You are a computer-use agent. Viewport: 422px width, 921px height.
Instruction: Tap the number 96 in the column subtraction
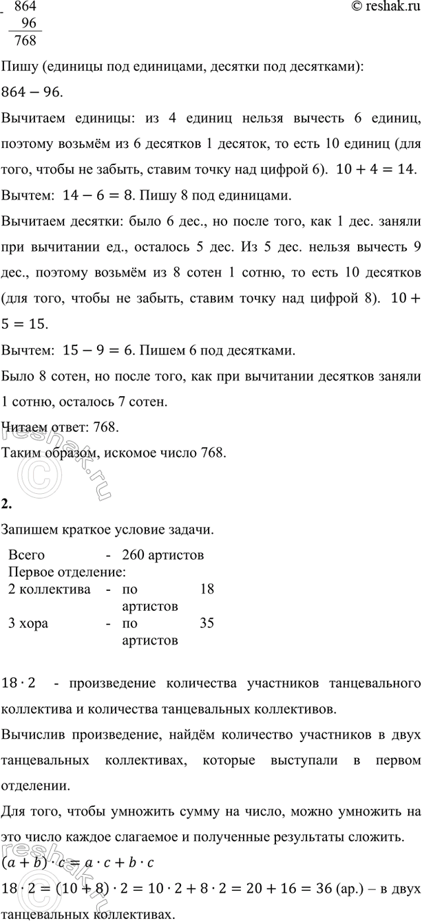[x=28, y=23]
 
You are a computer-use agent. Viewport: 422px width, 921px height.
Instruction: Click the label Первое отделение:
[x=66, y=571]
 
